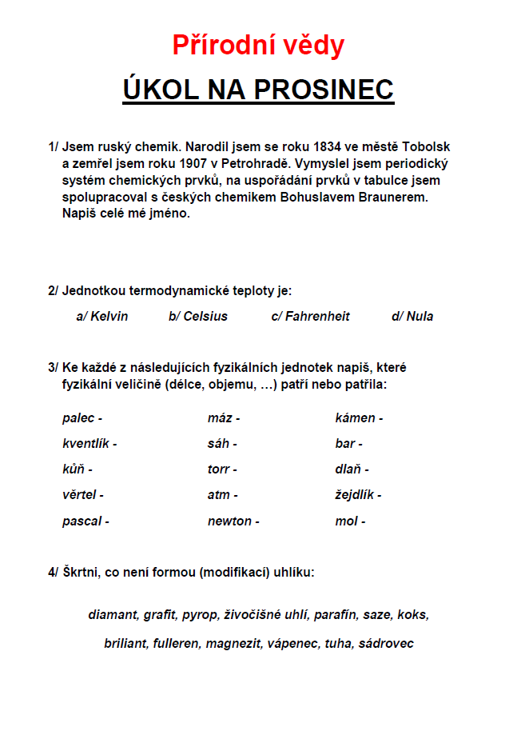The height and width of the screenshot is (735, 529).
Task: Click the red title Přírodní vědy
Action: pyautogui.click(x=258, y=46)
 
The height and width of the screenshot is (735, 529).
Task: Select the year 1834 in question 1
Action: pyautogui.click(x=326, y=147)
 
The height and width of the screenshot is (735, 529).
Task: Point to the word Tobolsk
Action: pyautogui.click(x=427, y=147)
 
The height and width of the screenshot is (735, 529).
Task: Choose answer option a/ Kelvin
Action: pyautogui.click(x=101, y=316)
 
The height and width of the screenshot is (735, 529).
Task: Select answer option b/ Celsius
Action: pyautogui.click(x=197, y=316)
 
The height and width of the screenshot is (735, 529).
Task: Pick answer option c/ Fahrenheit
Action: pyautogui.click(x=310, y=316)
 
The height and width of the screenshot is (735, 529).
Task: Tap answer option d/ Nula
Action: pyautogui.click(x=412, y=316)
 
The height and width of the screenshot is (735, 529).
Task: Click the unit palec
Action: pyautogui.click(x=78, y=417)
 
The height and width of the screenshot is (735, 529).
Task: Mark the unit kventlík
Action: pyautogui.click(x=86, y=443)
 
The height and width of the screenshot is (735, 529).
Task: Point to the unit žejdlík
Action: pyautogui.click(x=354, y=495)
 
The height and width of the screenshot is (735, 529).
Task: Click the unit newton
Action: pyautogui.click(x=229, y=521)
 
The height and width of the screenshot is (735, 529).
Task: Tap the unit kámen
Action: pyautogui.click(x=355, y=417)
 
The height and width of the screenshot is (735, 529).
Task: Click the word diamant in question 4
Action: pyautogui.click(x=113, y=615)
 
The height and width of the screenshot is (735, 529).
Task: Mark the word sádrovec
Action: pyautogui.click(x=386, y=643)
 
